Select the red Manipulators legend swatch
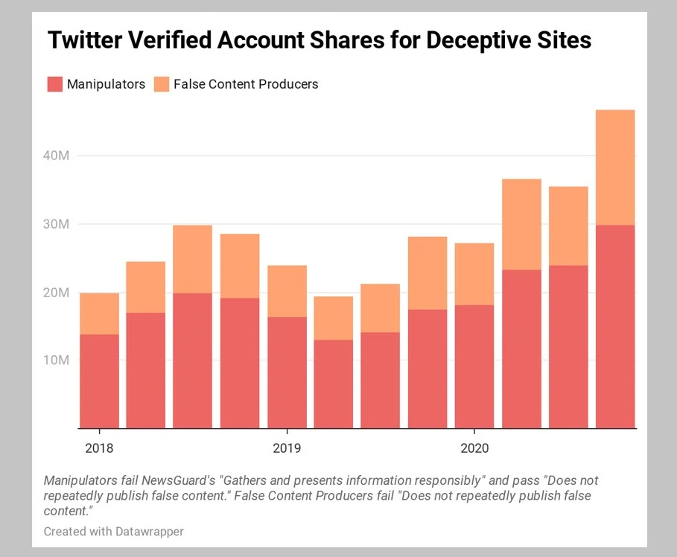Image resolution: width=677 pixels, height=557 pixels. [x=54, y=84]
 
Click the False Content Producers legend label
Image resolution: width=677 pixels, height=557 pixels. [x=245, y=84]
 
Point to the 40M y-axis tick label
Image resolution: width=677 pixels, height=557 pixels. [x=56, y=156]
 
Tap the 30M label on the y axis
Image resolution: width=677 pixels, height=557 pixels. [x=56, y=224]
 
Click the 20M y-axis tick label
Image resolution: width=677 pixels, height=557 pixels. [x=56, y=293]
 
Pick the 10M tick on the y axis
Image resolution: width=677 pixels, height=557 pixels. [x=56, y=360]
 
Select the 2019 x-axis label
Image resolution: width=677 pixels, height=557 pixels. [x=287, y=448]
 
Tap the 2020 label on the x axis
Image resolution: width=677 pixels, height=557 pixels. [x=474, y=448]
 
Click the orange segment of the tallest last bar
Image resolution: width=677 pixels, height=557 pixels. [x=615, y=168]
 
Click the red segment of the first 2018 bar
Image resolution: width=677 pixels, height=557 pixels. [x=99, y=381]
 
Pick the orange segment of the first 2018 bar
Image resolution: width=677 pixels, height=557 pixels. [x=99, y=313]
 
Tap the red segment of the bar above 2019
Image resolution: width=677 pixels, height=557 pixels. [x=287, y=372]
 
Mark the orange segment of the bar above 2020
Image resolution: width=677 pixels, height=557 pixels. [x=474, y=274]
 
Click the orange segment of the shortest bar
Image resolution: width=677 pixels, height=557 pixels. [x=334, y=318]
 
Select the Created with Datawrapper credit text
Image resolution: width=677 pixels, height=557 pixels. [x=113, y=532]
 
